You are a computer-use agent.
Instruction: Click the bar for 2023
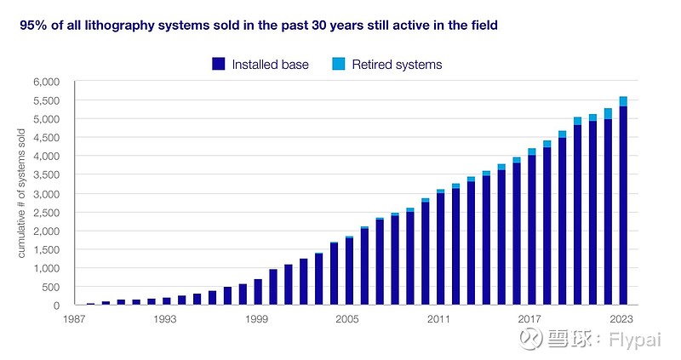point(624,204)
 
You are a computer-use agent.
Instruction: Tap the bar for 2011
point(440,249)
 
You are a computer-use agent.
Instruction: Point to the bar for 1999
point(258,292)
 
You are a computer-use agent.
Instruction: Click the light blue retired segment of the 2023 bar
point(624,101)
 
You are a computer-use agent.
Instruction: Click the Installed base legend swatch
point(219,64)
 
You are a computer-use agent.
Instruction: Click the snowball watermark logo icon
point(533,340)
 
